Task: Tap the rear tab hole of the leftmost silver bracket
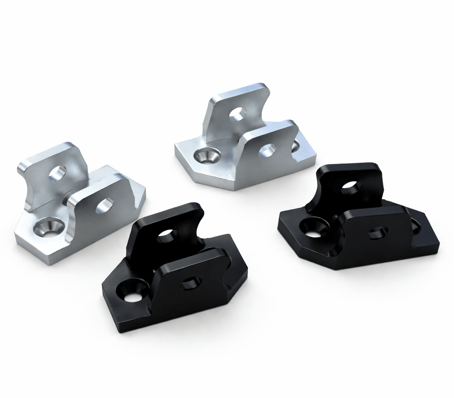(x=58, y=173)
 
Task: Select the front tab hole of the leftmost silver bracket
(x=105, y=205)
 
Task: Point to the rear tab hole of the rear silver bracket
(x=237, y=113)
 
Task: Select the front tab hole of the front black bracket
(x=191, y=283)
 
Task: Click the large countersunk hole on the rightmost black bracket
(x=314, y=228)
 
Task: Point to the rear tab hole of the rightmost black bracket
(x=351, y=188)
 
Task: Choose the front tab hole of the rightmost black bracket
(x=377, y=233)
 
